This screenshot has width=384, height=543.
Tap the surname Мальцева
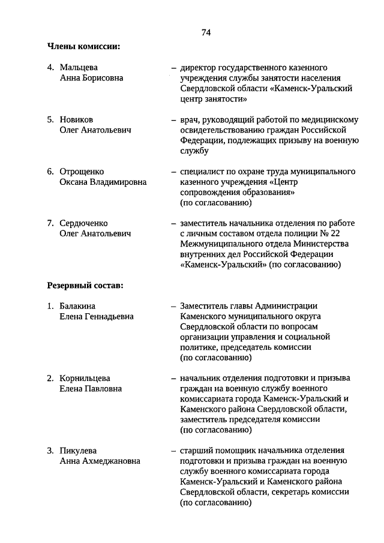[79, 67]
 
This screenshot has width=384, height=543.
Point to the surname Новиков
[76, 119]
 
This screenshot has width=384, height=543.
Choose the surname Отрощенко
[82, 172]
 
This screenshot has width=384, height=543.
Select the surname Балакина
[77, 306]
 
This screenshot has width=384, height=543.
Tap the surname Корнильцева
[85, 378]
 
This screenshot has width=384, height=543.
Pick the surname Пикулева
[78, 450]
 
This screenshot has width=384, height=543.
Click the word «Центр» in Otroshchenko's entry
[286, 182]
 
